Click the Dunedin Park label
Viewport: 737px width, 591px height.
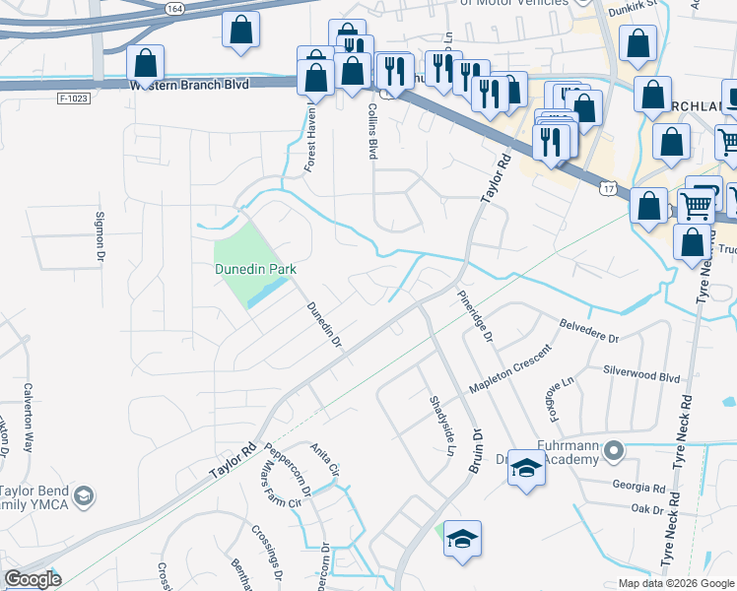(x=256, y=269)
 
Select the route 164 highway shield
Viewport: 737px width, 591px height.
(x=174, y=8)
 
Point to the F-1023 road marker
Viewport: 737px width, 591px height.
(x=73, y=98)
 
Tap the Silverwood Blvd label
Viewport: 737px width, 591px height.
(x=640, y=376)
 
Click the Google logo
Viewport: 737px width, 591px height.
(x=33, y=579)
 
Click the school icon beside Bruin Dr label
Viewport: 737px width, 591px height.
(x=526, y=469)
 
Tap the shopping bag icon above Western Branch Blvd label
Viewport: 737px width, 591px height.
(x=146, y=63)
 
